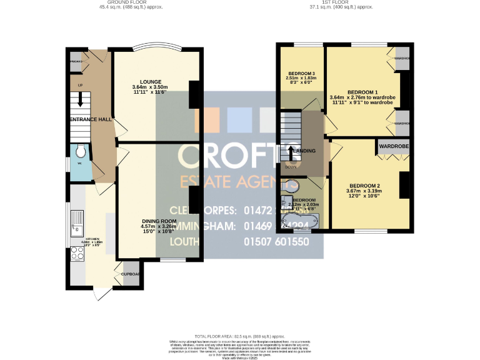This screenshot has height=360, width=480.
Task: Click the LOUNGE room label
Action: pyautogui.click(x=151, y=81)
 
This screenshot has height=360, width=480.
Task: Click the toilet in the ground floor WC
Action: pyautogui.click(x=79, y=152)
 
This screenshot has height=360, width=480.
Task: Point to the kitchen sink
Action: pyautogui.click(x=78, y=222)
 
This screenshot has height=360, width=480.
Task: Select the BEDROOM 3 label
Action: pyautogui.click(x=301, y=74)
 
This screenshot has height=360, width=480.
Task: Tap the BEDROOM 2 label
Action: pyautogui.click(x=365, y=186)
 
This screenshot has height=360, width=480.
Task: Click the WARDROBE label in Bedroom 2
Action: pyautogui.click(x=393, y=147)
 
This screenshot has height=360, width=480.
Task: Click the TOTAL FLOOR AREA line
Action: pyautogui.click(x=239, y=336)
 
